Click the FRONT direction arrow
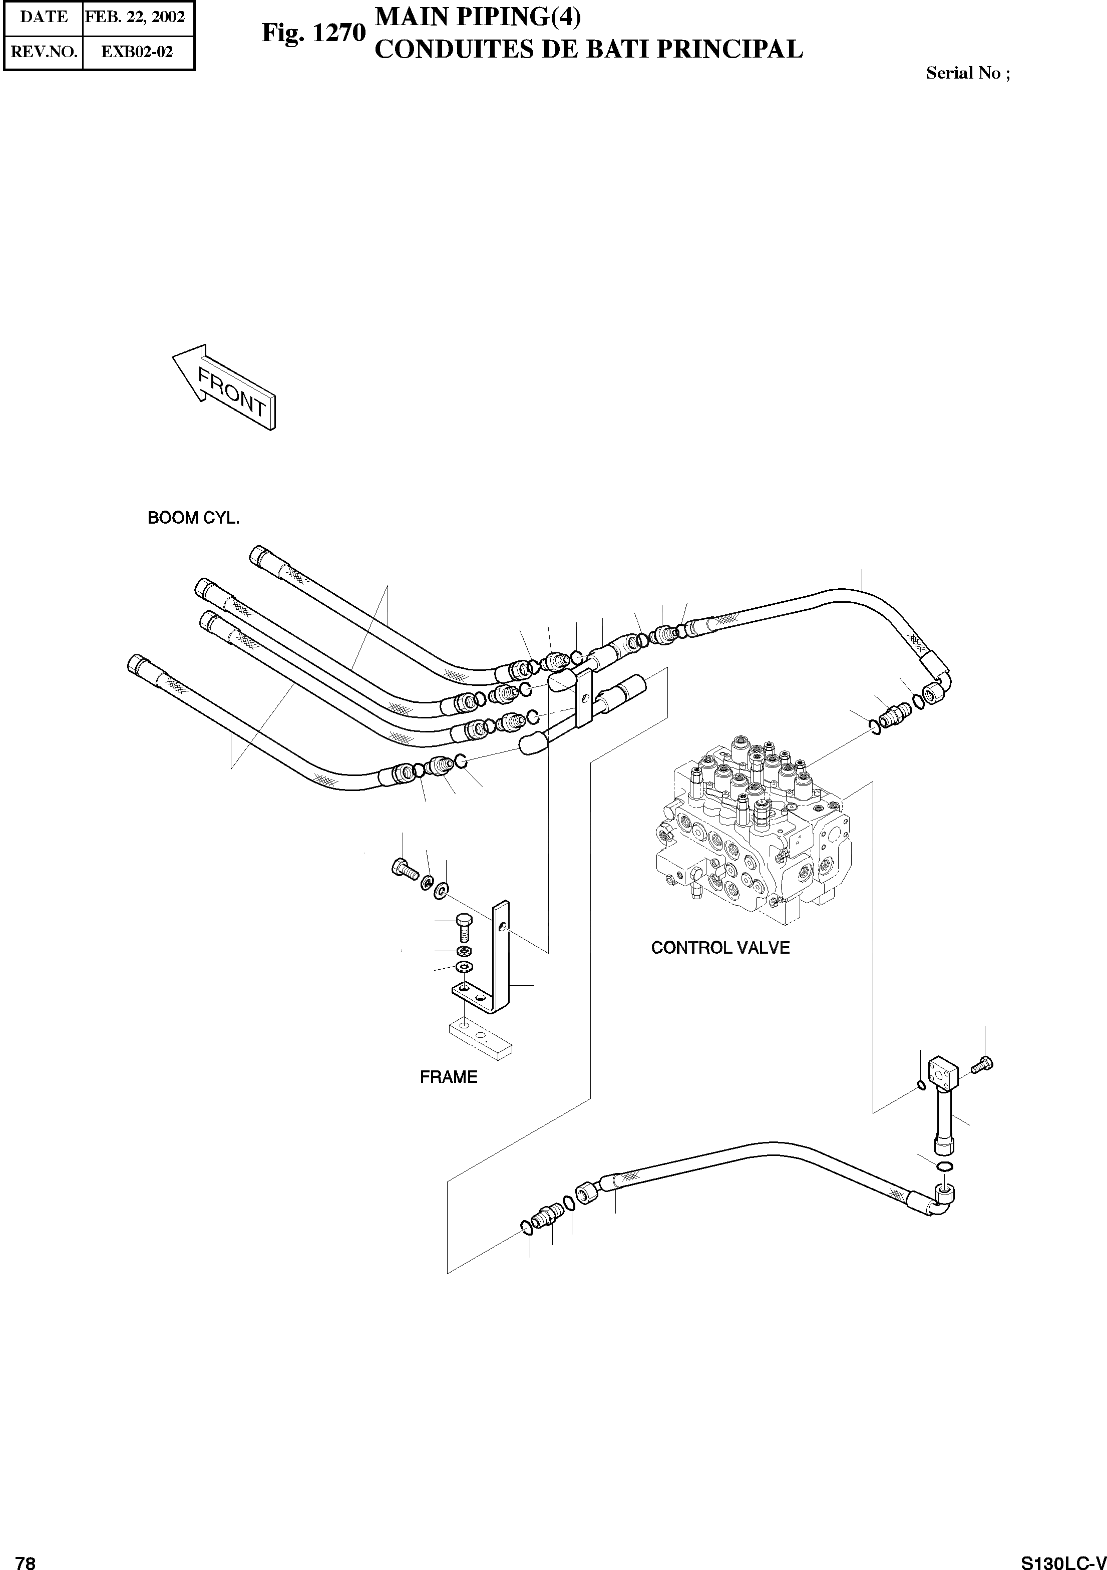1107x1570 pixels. click(x=224, y=386)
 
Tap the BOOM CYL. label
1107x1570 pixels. click(x=193, y=518)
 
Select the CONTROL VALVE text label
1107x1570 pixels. click(x=720, y=948)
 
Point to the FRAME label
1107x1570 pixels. click(x=449, y=1077)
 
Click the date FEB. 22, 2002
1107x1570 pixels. click(x=135, y=17)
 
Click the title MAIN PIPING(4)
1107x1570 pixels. click(x=478, y=17)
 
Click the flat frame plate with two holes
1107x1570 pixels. click(x=480, y=1040)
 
